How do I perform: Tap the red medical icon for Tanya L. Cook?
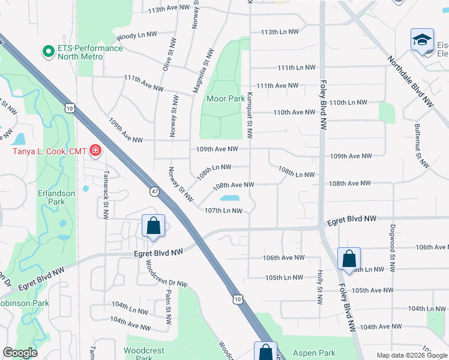[95, 150]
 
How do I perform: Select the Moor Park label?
[225, 98]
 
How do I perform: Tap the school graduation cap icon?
[423, 40]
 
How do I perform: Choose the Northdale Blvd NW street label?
[410, 81]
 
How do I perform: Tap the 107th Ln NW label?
[223, 211]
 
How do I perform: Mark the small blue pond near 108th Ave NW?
[230, 198]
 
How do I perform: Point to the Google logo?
[20, 353]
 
